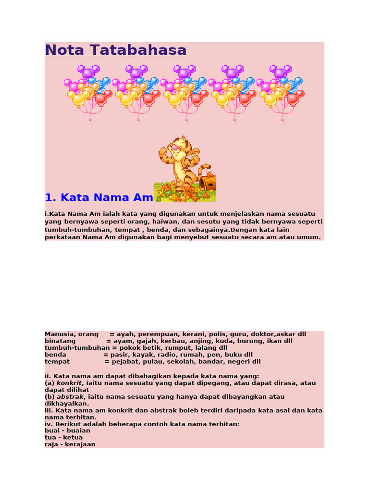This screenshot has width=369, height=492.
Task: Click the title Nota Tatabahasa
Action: (115, 50)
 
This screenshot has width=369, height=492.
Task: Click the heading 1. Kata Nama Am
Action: (98, 197)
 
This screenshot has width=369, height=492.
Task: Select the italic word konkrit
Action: (69, 383)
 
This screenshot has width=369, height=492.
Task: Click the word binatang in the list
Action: (60, 341)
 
